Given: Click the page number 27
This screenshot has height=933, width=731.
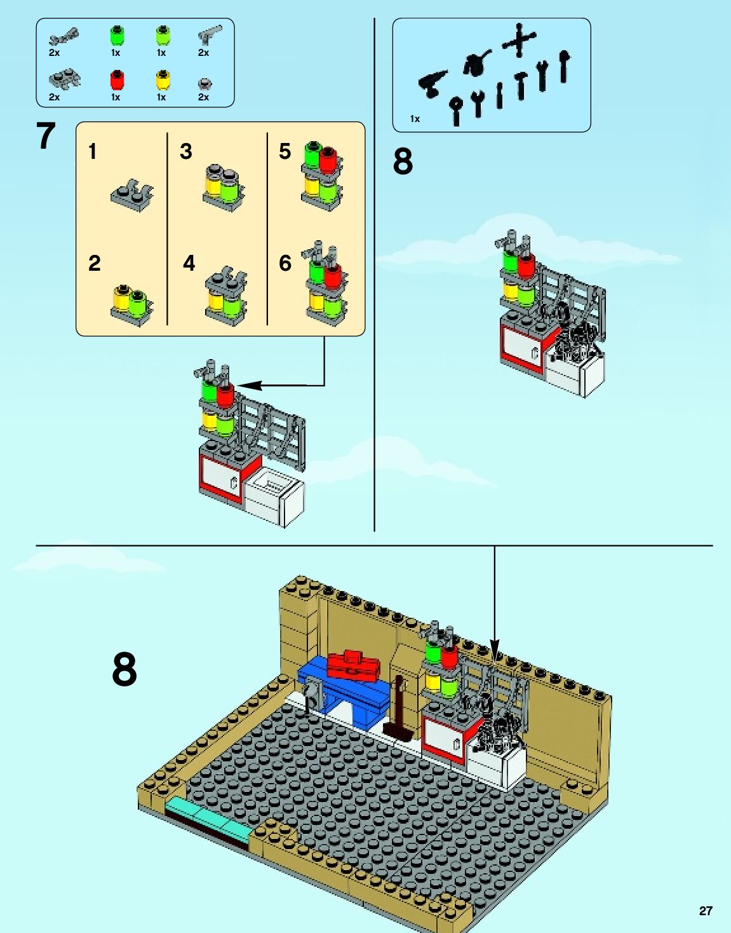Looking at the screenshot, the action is click(706, 911).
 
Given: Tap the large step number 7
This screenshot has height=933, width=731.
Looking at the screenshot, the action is click(46, 136).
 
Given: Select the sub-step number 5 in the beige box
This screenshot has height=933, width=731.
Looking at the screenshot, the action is click(285, 151).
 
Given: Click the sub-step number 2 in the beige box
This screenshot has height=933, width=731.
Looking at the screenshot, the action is click(95, 263).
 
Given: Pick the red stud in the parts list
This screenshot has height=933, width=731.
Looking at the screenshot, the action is click(117, 80).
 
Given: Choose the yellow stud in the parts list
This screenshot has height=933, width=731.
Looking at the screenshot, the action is click(163, 80).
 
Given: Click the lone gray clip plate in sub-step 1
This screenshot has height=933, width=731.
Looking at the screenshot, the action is click(132, 194).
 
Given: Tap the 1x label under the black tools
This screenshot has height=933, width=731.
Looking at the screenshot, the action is click(415, 119).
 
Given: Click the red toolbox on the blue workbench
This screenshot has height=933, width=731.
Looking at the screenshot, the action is click(353, 665).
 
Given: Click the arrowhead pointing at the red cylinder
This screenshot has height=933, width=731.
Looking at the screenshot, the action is click(248, 385).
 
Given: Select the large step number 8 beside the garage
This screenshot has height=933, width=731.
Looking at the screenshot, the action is click(124, 669).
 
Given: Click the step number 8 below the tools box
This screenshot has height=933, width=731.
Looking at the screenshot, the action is click(403, 161).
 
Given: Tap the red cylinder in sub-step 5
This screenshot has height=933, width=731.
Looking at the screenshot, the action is click(328, 160).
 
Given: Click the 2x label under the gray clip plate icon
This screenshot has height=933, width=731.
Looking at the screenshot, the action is click(54, 97).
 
